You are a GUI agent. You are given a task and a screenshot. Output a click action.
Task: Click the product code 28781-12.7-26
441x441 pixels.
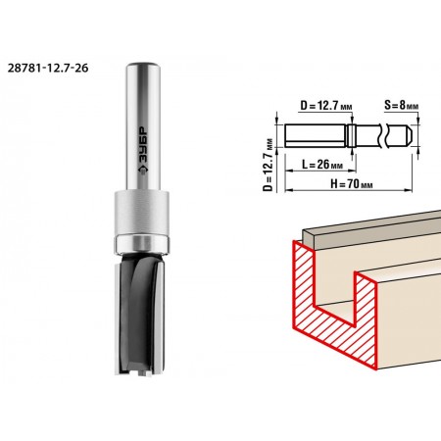click(48, 69)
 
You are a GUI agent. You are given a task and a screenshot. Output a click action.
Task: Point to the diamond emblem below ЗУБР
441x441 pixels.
click(143, 171)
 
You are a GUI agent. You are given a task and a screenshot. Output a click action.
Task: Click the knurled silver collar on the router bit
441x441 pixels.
click(142, 212)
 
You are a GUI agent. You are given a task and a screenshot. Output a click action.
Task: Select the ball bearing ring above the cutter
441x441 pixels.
click(142, 244)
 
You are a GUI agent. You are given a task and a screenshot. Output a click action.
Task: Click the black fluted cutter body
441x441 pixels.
click(140, 315)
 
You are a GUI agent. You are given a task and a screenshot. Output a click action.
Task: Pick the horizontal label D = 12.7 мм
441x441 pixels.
click(326, 106)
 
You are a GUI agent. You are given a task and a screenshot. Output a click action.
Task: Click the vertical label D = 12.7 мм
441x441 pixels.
click(269, 164)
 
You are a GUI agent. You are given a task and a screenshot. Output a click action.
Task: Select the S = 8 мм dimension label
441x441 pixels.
click(401, 105)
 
